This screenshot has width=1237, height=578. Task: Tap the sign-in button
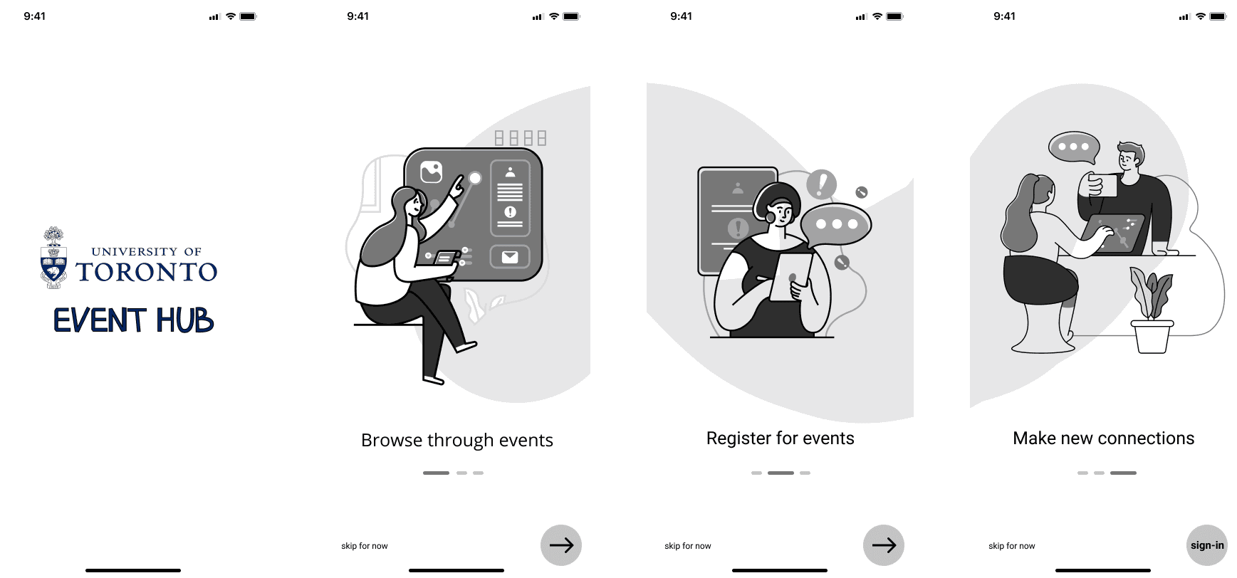pyautogui.click(x=1207, y=545)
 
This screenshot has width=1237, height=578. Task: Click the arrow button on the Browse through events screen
pyautogui.click(x=561, y=545)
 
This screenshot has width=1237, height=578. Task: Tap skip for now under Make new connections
pyautogui.click(x=1011, y=546)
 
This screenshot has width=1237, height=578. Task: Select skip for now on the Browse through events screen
pyautogui.click(x=365, y=546)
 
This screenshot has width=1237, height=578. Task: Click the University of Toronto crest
pyautogui.click(x=53, y=258)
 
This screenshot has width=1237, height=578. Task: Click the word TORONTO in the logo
pyautogui.click(x=147, y=272)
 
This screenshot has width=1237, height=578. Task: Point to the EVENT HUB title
pyautogui.click(x=134, y=320)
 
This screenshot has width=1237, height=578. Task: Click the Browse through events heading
pyautogui.click(x=457, y=441)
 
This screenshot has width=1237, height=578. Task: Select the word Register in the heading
pyautogui.click(x=738, y=438)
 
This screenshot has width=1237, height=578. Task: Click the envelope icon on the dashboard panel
pyautogui.click(x=510, y=257)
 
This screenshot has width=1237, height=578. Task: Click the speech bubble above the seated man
pyautogui.click(x=1074, y=147)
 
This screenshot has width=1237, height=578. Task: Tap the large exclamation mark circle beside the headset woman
pyautogui.click(x=821, y=184)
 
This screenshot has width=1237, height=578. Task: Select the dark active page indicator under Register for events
pyautogui.click(x=781, y=473)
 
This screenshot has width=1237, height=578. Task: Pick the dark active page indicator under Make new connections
pyautogui.click(x=1123, y=473)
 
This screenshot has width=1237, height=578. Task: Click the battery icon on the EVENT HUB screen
pyautogui.click(x=248, y=16)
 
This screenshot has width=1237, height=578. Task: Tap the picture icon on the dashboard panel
pyautogui.click(x=432, y=172)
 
